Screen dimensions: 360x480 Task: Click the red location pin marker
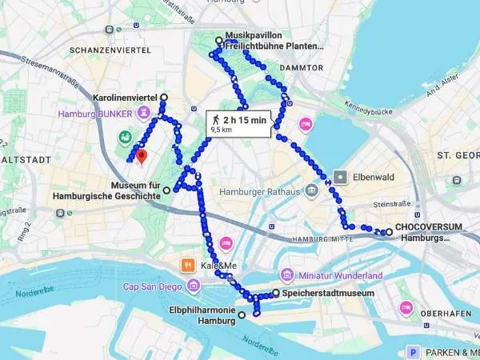coord(141,155)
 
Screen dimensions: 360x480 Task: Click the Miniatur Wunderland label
coord(339,275)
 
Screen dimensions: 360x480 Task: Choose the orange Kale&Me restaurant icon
coord(186,264)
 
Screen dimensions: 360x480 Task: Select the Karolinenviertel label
coord(125,97)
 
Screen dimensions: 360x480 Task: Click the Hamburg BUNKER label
coord(94,114)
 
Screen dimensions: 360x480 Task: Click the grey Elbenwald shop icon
coord(342,176)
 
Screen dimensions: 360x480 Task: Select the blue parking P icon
coord(414,351)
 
